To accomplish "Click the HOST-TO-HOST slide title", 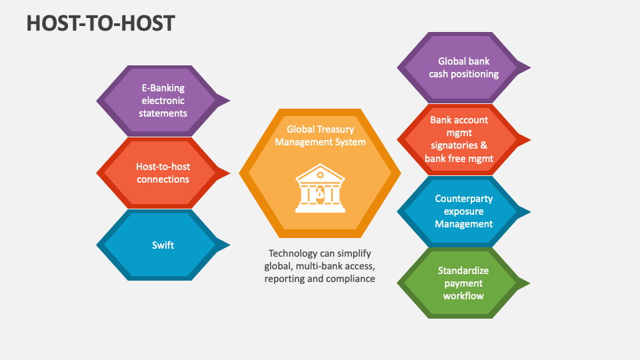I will (x=101, y=23).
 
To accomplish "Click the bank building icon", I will (x=320, y=189).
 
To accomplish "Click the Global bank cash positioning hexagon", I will (x=460, y=67).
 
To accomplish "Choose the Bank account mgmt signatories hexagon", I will (x=460, y=139).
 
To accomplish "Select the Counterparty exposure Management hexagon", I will (x=460, y=211).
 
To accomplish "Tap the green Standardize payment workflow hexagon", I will (x=460, y=283).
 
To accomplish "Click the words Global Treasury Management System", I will (x=320, y=135).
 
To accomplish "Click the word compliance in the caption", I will (x=351, y=279).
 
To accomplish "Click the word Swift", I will (x=163, y=245).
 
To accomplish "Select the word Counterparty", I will (x=464, y=199).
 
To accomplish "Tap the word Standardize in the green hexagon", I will (x=463, y=271).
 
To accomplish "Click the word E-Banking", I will (x=163, y=88).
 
